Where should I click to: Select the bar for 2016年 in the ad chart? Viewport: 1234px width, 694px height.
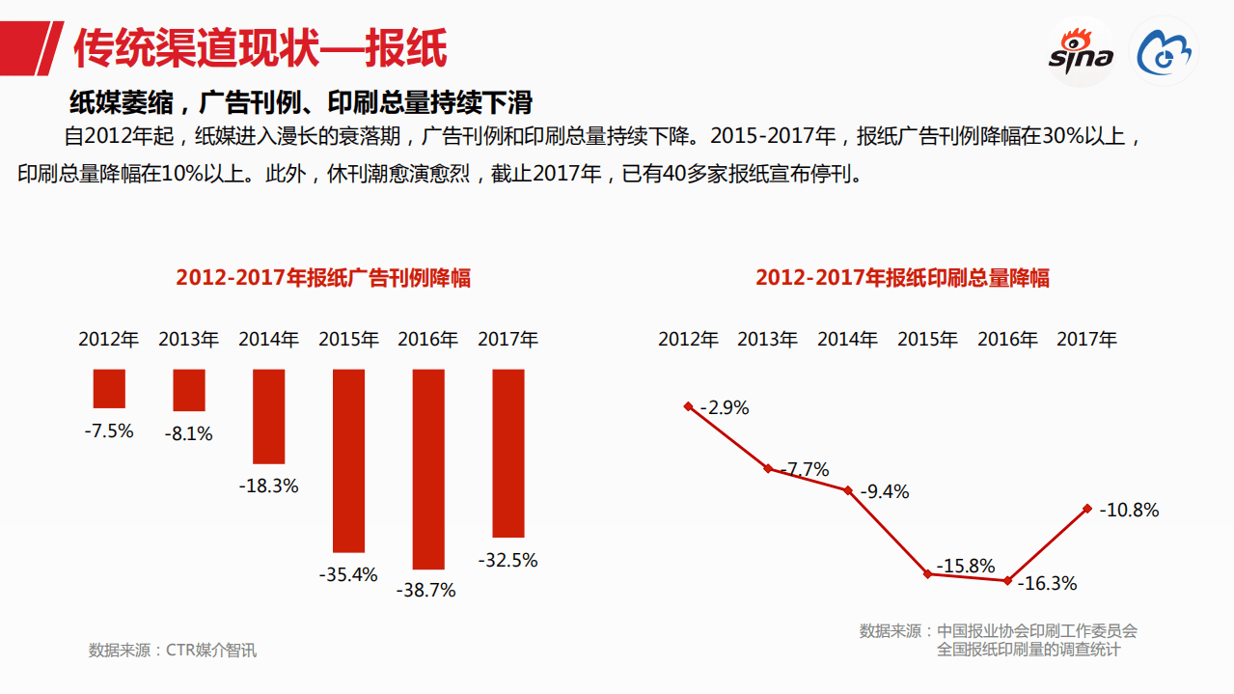pos(428,469)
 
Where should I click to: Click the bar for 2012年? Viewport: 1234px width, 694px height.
pos(109,388)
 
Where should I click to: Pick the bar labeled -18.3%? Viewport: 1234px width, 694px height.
pos(268,416)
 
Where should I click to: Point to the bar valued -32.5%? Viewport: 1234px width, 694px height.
pos(508,453)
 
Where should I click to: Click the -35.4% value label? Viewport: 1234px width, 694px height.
pos(348,574)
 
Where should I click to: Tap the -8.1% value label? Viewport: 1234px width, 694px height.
pos(188,434)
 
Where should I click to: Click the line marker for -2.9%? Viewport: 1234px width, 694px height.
pos(688,406)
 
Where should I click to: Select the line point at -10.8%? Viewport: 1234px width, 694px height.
pos(1087,508)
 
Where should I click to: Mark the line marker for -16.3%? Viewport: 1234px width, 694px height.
pos(1007,580)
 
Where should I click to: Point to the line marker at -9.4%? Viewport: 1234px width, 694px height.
pos(848,490)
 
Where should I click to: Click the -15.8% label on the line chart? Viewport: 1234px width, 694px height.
pos(966,566)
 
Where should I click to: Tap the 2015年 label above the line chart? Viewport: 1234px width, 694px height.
pos(927,340)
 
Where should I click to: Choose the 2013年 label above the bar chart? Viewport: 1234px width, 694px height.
pos(188,340)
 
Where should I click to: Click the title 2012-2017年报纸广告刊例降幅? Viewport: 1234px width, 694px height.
pos(323,278)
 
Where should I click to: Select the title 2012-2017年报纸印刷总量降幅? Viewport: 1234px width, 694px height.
pos(902,278)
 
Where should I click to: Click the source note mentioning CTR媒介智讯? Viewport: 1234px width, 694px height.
pos(173,650)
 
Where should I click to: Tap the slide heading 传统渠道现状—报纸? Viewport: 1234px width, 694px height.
pos(261,48)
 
